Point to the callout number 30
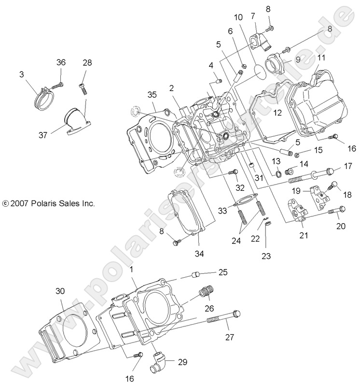click(x=60, y=291)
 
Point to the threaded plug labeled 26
click(x=208, y=292)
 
